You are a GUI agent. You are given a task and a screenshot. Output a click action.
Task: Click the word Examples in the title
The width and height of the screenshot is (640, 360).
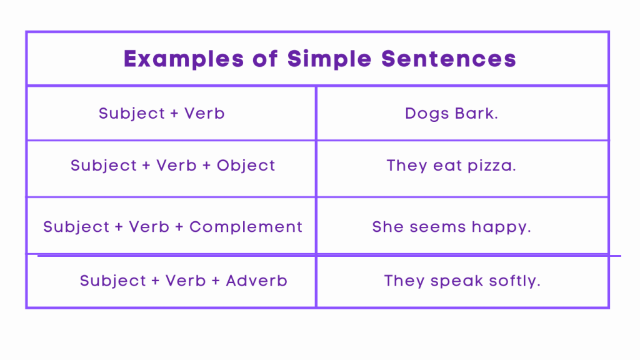(x=184, y=59)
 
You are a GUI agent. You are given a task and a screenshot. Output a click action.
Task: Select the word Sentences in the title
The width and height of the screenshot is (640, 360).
(x=449, y=59)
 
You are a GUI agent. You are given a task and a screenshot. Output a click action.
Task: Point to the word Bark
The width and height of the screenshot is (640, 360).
(x=476, y=114)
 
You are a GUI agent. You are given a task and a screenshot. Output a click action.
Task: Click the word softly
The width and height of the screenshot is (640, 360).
(x=516, y=281)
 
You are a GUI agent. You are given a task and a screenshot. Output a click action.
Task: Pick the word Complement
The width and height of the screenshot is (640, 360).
(x=246, y=227)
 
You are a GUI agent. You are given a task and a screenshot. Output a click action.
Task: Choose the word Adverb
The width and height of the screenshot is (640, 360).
(x=256, y=281)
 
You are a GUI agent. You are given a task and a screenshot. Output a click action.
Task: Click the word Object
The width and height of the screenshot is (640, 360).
(x=246, y=166)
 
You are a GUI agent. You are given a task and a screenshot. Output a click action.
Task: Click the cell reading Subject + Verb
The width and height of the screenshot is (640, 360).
(x=161, y=114)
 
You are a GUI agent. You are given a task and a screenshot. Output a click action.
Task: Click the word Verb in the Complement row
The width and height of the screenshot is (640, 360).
(x=149, y=227)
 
